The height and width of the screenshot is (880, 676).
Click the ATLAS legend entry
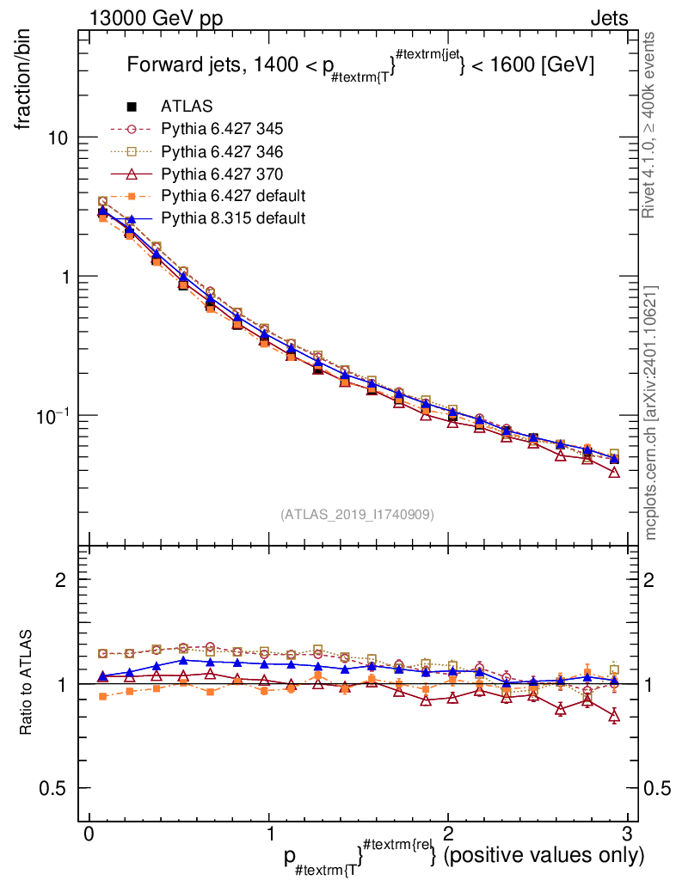point(187,107)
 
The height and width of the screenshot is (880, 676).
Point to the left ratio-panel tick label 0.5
point(56,788)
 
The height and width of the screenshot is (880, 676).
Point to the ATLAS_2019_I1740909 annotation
point(357,514)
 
